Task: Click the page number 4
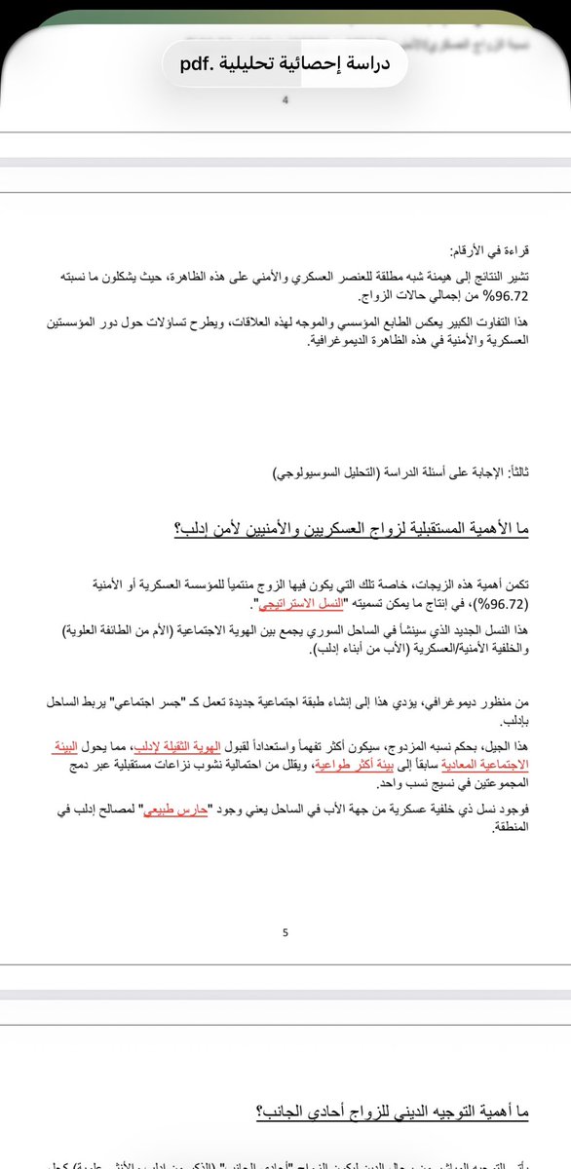(x=285, y=100)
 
